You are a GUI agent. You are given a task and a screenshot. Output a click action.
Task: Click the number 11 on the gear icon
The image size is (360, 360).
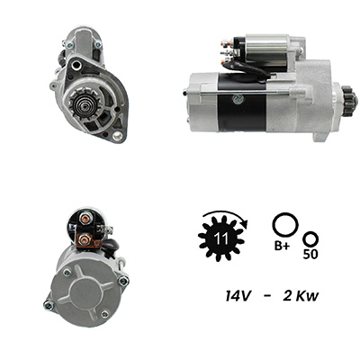click(x=221, y=239)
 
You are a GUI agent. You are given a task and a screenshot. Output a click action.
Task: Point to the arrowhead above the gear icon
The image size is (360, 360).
click(x=245, y=224)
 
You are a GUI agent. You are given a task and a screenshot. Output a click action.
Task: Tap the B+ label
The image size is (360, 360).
click(x=282, y=246)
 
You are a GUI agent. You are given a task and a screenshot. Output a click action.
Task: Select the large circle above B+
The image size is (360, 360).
click(x=285, y=225)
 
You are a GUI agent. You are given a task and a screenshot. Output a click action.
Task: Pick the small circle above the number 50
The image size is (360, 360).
click(x=310, y=238)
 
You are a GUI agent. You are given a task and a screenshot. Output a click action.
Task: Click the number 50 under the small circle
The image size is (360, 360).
click(x=310, y=255)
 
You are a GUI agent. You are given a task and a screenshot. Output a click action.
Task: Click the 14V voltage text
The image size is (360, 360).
click(x=238, y=296)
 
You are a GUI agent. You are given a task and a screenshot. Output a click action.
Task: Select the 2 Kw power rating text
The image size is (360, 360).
click(x=301, y=296)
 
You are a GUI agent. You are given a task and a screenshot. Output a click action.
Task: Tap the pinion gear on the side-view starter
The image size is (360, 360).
click(x=350, y=98)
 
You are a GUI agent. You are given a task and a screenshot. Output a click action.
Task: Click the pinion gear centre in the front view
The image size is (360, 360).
click(x=81, y=104)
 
